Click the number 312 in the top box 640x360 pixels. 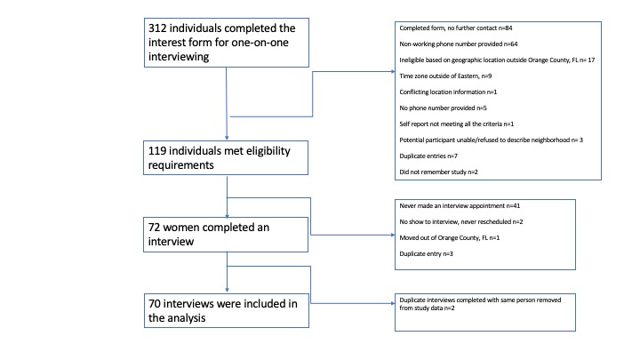point(157,28)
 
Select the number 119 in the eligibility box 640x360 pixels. point(156,151)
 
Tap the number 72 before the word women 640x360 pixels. point(154,228)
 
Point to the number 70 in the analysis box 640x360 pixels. point(155,304)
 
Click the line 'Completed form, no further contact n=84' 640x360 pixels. point(455,28)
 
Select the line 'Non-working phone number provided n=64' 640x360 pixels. point(459,44)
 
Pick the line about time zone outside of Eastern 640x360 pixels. point(445,76)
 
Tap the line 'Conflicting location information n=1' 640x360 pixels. point(448,92)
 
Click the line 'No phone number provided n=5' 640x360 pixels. point(443,108)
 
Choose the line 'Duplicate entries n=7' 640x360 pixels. point(428,156)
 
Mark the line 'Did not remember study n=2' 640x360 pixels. point(438,172)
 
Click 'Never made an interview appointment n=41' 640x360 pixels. point(460,205)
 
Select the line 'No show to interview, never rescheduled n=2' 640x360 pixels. point(460,221)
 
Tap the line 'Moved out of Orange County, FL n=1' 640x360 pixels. point(450,237)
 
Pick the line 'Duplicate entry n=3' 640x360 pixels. point(426,254)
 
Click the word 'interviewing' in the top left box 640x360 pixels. point(179,57)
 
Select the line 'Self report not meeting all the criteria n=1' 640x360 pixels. point(456,124)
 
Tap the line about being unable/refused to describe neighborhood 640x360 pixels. point(491,140)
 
